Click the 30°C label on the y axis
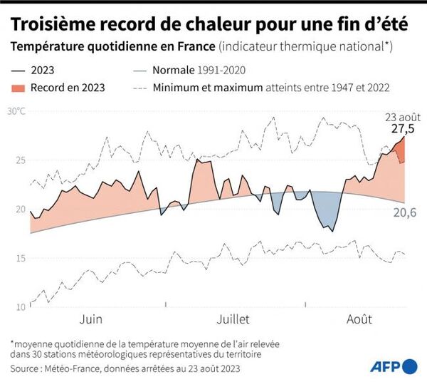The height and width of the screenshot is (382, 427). pos(16,112)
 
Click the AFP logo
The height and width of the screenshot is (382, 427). pos(394,366)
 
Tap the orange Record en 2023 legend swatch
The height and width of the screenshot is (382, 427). pos(22,88)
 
